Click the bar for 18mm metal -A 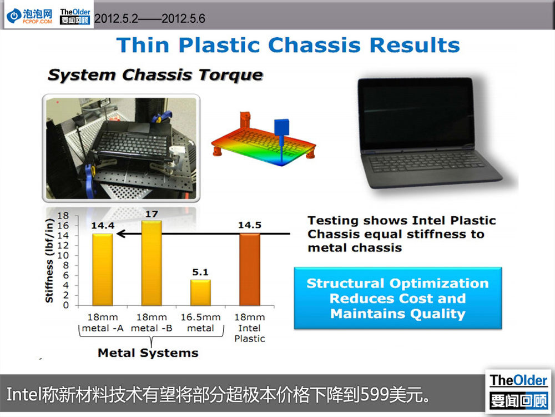[x=103, y=270]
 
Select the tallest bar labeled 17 [x=152, y=263]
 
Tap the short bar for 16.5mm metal [x=200, y=292]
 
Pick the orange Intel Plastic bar [x=250, y=270]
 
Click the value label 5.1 [x=200, y=272]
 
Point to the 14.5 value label [x=250, y=225]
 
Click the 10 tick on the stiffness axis [x=63, y=255]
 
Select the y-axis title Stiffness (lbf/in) [x=49, y=261]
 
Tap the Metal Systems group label [x=148, y=353]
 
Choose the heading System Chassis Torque [x=155, y=75]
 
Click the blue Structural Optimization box [x=398, y=298]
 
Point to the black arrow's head [x=120, y=234]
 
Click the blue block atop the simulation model [x=281, y=127]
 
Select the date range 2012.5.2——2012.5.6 [x=150, y=18]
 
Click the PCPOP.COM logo [x=30, y=16]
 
